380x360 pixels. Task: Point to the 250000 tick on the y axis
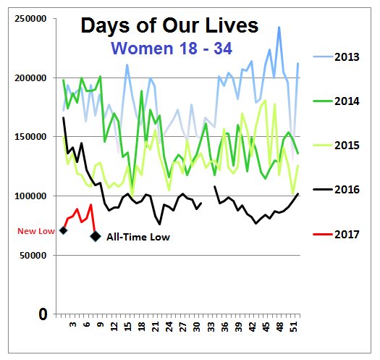(x=28, y=19)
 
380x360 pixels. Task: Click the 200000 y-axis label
(x=28, y=78)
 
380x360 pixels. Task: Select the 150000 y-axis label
(x=28, y=137)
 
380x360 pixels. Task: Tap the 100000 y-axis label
(x=28, y=196)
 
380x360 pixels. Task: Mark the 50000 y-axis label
(x=31, y=255)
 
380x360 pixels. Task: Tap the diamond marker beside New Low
(x=63, y=230)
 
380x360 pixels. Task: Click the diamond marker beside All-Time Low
(x=95, y=236)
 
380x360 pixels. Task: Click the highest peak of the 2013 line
(x=279, y=28)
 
